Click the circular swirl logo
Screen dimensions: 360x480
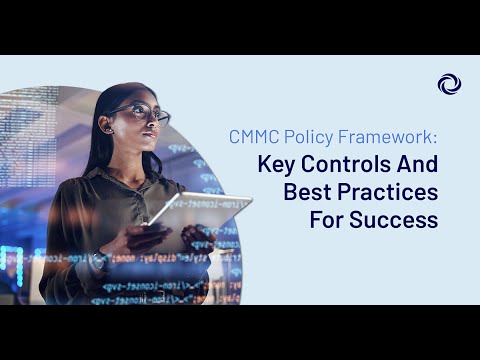click(448, 85)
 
